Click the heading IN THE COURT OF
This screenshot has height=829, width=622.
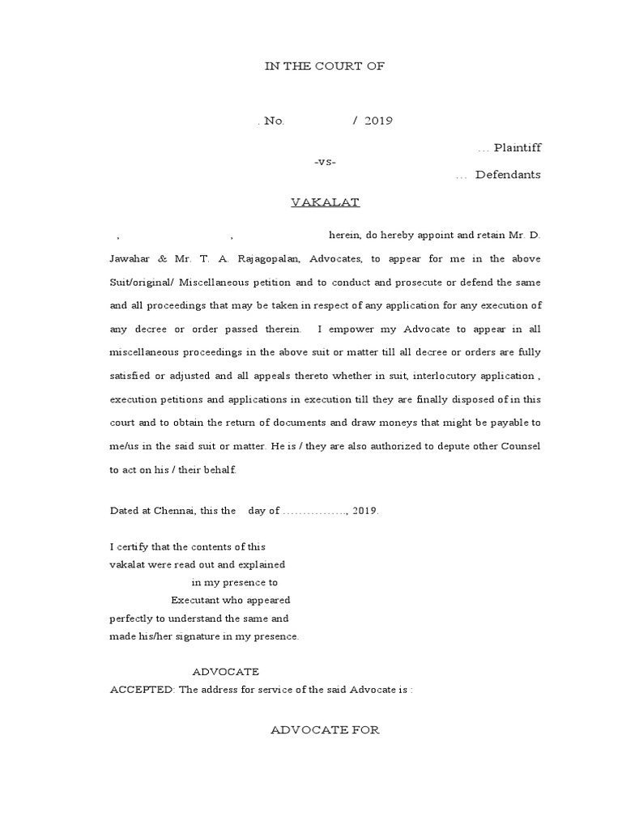(x=325, y=66)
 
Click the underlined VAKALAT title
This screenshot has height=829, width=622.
(x=326, y=202)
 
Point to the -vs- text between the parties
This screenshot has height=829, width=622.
(x=325, y=161)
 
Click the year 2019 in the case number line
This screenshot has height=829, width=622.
(x=378, y=121)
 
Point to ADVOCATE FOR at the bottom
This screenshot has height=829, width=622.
(x=325, y=730)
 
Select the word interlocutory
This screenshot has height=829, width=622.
(x=437, y=376)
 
